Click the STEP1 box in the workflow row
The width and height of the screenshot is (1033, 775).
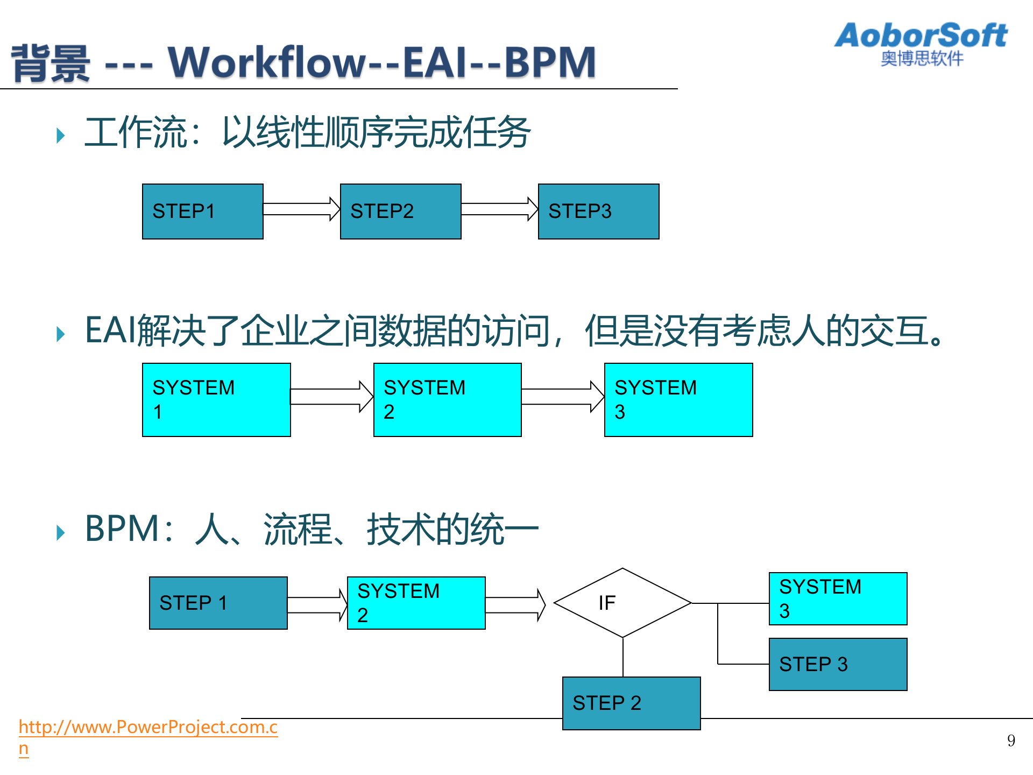tap(202, 212)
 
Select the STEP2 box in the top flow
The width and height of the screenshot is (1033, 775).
tap(400, 212)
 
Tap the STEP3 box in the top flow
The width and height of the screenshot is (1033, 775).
tap(598, 212)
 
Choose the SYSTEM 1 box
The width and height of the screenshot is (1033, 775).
tap(216, 400)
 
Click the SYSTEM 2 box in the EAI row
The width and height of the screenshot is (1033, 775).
tap(447, 400)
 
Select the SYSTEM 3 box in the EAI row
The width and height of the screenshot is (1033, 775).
tap(678, 400)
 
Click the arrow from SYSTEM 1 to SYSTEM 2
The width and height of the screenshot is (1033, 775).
tap(331, 397)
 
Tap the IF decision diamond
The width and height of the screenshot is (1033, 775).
tap(622, 603)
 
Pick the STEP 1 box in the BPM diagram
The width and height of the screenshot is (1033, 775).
tap(218, 603)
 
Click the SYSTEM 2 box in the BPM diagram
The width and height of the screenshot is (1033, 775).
tap(416, 603)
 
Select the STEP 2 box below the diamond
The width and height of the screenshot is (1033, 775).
tap(631, 703)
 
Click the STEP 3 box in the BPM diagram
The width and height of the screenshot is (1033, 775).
tap(838, 664)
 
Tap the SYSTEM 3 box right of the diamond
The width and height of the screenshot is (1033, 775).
tap(838, 598)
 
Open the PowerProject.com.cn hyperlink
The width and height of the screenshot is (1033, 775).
tap(148, 727)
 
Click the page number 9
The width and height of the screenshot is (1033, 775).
tap(1011, 741)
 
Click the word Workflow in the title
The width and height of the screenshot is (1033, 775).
tap(267, 62)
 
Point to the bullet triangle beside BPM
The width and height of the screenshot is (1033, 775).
tap(60, 533)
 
